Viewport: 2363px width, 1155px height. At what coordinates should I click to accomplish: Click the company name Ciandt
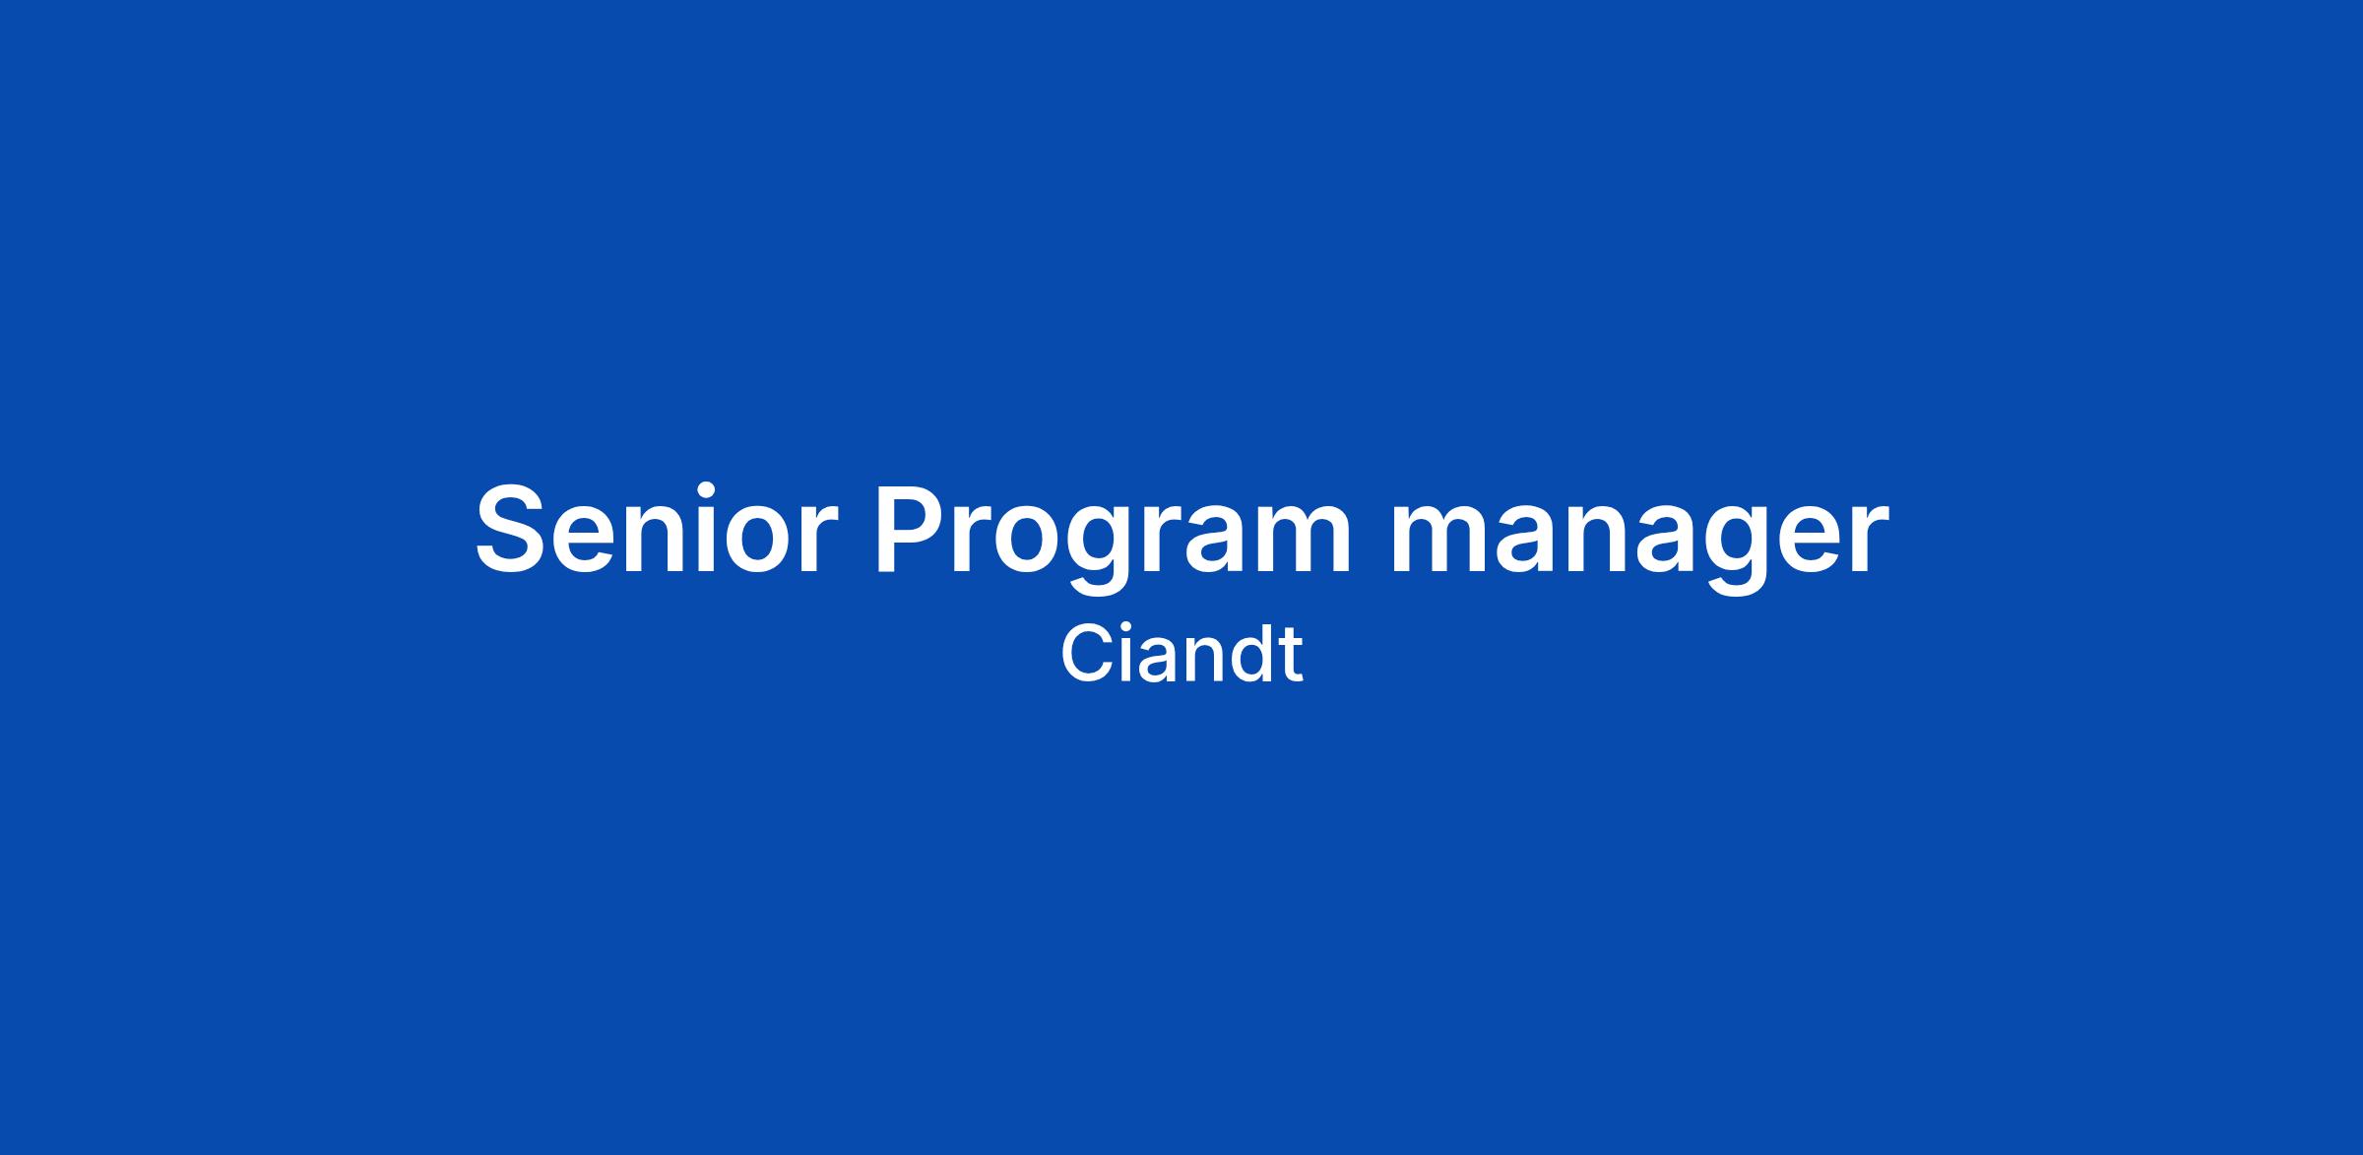1181,655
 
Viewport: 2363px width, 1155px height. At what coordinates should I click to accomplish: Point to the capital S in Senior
511,528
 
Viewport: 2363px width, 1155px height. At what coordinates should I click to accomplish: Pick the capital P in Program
913,529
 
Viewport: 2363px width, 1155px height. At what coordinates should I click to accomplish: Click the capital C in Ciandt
1085,655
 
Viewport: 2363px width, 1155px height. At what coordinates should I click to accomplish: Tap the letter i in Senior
705,527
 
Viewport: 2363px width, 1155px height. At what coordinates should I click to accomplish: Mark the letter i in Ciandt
1124,654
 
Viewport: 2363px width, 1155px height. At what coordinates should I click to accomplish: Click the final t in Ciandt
1291,657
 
